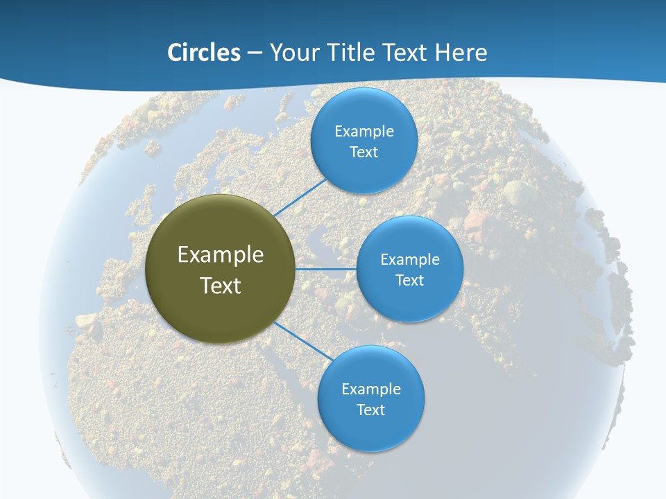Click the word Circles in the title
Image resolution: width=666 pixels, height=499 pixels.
pyautogui.click(x=203, y=53)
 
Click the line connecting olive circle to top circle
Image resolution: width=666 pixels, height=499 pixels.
pyautogui.click(x=300, y=198)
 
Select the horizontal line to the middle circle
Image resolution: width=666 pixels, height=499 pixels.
pyautogui.click(x=326, y=269)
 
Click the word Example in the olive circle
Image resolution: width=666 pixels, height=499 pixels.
pyautogui.click(x=221, y=254)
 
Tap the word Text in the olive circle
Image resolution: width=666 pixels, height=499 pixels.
pyautogui.click(x=221, y=285)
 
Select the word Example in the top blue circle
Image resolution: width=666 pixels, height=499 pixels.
pyautogui.click(x=364, y=131)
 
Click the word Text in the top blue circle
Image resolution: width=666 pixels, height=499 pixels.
pyautogui.click(x=364, y=152)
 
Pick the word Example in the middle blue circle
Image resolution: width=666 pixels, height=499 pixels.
pyautogui.click(x=410, y=259)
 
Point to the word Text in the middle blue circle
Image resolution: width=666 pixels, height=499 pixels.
pyautogui.click(x=409, y=280)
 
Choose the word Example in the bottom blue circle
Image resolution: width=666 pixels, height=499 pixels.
pyautogui.click(x=371, y=389)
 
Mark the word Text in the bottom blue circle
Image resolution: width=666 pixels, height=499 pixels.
pyautogui.click(x=370, y=410)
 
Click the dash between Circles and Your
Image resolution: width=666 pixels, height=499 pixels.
pyautogui.click(x=255, y=53)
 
